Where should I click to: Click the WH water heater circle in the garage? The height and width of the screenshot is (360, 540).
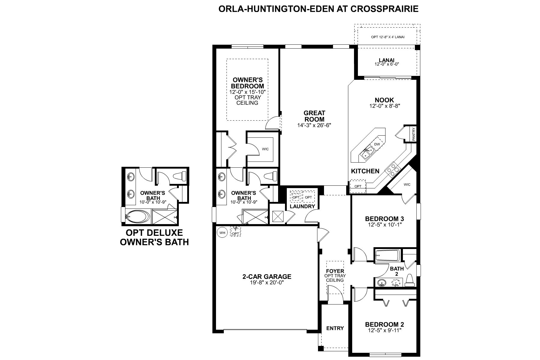[222, 232]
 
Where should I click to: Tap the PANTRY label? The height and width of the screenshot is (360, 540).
[414, 134]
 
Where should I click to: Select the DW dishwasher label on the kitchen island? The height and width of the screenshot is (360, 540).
[377, 144]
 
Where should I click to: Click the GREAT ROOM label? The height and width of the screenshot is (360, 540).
[314, 116]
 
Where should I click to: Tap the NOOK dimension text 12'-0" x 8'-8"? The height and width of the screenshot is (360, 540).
[385, 106]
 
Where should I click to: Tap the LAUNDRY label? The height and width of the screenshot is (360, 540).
[302, 206]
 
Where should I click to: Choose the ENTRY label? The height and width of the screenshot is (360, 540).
[335, 328]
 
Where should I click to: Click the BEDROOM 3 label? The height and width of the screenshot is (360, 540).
[384, 219]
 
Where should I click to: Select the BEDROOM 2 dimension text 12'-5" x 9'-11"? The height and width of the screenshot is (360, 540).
[384, 330]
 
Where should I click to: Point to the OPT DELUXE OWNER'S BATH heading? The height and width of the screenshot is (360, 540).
[154, 237]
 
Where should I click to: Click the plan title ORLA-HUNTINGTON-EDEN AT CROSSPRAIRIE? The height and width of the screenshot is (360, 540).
[318, 9]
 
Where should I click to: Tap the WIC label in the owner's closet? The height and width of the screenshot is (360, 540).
[265, 149]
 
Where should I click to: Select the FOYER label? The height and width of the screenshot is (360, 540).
[335, 271]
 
